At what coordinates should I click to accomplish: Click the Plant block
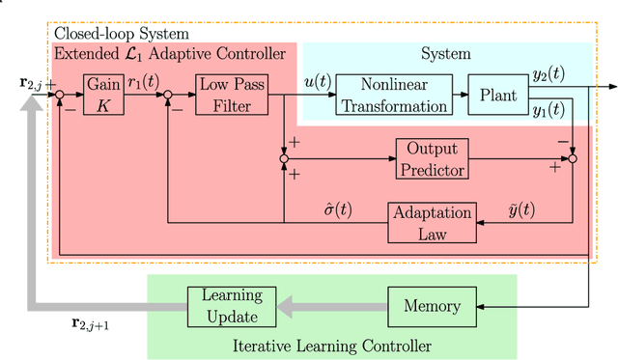pos(496,95)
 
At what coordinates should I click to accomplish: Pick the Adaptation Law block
pos(432,222)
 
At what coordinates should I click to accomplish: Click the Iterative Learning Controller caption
pos(330,345)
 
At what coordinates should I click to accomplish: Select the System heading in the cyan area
pos(446,54)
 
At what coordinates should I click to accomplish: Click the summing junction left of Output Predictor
pos(284,158)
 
